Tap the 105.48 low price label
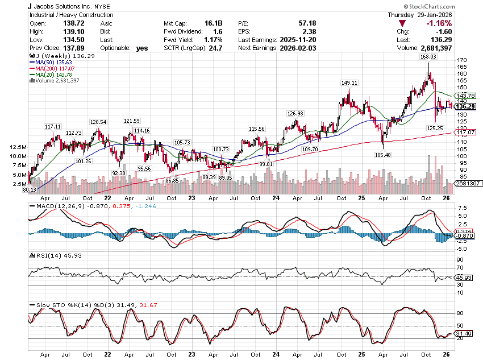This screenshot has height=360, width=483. click(x=382, y=155)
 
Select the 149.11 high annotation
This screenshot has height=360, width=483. click(x=349, y=83)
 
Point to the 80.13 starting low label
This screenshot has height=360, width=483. click(x=30, y=189)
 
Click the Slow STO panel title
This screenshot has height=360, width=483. click(x=63, y=305)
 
